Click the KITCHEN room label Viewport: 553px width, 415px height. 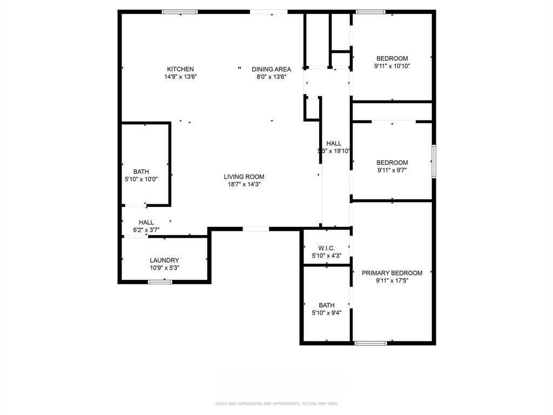point(180,69)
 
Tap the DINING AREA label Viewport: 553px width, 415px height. point(271,69)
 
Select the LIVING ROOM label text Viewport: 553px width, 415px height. point(244,177)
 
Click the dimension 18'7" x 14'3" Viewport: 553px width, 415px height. point(244,184)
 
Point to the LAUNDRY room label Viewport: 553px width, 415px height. point(164,260)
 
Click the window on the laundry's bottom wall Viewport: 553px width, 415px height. point(160,282)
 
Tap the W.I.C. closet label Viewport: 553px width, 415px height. point(327,248)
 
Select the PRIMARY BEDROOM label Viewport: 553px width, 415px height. point(392,273)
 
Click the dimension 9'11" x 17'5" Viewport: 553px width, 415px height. point(392,281)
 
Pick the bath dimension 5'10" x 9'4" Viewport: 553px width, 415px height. point(327,312)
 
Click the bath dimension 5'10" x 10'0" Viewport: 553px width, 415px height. point(141,179)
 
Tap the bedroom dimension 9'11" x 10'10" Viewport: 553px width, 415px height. point(392,66)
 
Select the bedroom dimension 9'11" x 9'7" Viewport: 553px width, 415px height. point(392,170)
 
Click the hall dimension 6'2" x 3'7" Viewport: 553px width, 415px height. point(146,230)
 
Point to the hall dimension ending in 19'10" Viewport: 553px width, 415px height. point(334,151)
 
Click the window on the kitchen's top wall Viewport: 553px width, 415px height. point(180,11)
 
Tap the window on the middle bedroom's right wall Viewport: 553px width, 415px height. point(433,161)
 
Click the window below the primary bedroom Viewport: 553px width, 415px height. point(370,343)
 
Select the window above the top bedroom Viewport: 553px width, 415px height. point(370,11)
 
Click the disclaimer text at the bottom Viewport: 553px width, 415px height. point(276,403)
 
